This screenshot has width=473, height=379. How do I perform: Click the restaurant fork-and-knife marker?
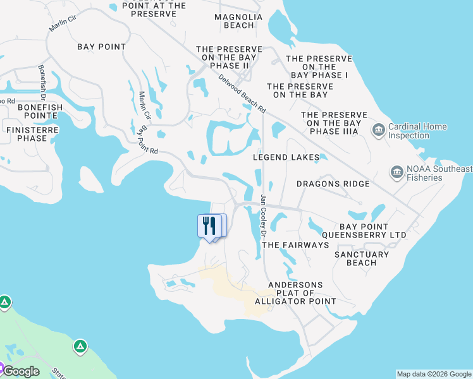point(210,226)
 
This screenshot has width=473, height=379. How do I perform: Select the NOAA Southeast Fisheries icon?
point(396,172)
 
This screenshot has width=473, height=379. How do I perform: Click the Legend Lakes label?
point(286,157)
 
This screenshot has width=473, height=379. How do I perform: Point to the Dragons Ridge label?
point(333,184)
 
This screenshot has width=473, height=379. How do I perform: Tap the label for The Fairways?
point(295,244)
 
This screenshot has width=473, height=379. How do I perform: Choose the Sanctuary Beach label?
point(362,258)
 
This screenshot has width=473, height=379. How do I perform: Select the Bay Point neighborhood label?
point(101,47)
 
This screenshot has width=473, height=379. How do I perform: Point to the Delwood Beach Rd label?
point(242,93)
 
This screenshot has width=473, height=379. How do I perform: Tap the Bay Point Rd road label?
point(147,140)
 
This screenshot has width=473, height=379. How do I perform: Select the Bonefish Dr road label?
point(42,82)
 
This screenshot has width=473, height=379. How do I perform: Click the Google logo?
point(21,371)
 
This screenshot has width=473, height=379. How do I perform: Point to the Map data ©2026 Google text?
point(434,374)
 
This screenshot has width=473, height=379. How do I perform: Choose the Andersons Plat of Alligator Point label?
point(295,293)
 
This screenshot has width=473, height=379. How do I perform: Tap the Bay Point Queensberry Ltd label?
point(372,231)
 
